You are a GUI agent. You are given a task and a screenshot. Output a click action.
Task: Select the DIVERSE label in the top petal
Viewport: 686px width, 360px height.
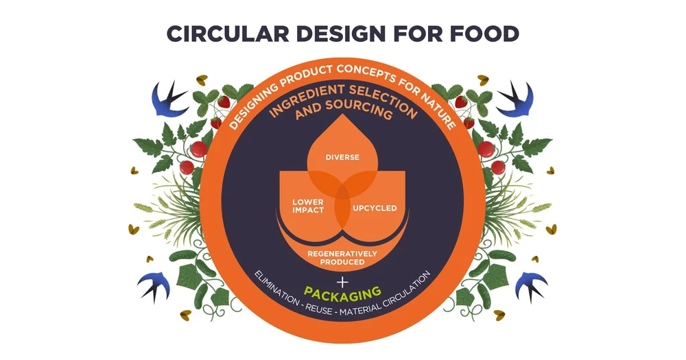[x=342, y=157]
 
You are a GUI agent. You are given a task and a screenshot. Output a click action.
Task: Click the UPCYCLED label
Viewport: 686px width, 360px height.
[x=375, y=208]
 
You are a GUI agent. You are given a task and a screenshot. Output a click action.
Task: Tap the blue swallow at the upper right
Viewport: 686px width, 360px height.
[x=515, y=98]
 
